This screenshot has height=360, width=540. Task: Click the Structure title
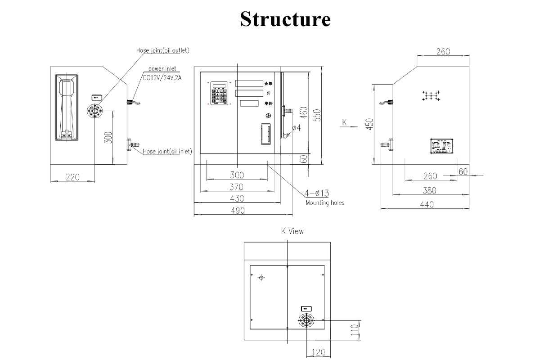(285, 19)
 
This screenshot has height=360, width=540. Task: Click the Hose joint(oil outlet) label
(163, 50)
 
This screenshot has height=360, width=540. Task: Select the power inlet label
(162, 69)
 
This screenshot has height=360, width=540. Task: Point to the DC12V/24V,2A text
(162, 77)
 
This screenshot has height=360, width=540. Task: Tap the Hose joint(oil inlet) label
(167, 152)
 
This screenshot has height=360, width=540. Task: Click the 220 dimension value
(72, 177)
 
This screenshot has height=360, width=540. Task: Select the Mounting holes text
(324, 203)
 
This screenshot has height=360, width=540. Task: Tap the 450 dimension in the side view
(369, 124)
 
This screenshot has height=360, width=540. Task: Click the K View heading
(292, 231)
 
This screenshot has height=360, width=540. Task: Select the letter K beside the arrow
(345, 122)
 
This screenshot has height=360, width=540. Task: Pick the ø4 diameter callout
(296, 128)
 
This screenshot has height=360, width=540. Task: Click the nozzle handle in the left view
(67, 108)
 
